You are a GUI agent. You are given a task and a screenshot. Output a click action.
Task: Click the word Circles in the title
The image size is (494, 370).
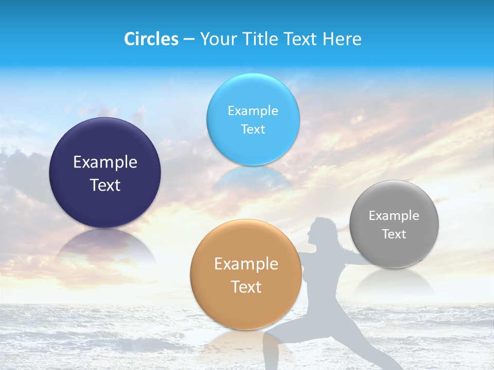coord(151,39)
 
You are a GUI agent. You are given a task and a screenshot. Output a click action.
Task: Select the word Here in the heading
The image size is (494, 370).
coord(342,39)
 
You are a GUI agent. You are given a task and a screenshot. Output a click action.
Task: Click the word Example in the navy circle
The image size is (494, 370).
coord(105,162)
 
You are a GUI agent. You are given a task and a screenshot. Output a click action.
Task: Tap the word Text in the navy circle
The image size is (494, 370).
coord(105,185)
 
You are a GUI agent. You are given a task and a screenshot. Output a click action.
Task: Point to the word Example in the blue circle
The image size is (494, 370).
coord(253,110)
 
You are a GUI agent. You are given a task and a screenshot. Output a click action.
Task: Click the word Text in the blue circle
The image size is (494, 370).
coord(253,129)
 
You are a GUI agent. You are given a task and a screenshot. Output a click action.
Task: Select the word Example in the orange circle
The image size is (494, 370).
coord(246,264)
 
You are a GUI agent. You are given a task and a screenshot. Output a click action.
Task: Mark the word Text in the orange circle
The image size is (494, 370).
coord(246,287)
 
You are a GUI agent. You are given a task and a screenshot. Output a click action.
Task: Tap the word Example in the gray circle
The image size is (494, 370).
coord(394,215)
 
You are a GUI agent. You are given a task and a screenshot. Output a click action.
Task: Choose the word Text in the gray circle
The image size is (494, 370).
coord(394,234)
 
